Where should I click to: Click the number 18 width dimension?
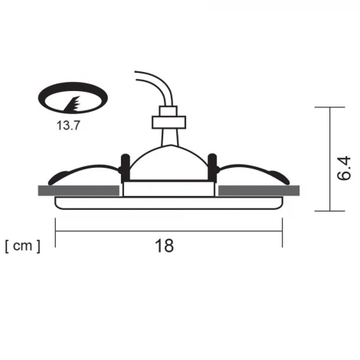point(164,246)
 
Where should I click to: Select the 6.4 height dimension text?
point(344,169)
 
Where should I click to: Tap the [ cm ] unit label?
point(22,246)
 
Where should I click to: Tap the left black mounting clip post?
point(122,169)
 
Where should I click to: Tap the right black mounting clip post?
point(215,169)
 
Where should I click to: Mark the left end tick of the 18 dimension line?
point(56,232)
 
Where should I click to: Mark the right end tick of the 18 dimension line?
point(282,232)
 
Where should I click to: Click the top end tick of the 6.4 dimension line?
point(330,108)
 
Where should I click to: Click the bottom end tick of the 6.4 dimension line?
point(330,211)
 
